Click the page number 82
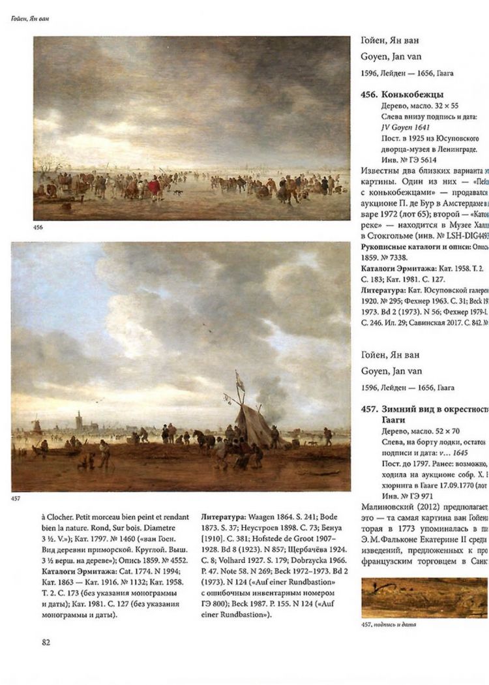[46, 642]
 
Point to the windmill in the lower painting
[37, 426]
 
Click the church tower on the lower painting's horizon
[79, 421]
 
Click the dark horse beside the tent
[207, 440]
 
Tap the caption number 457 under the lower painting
[18, 499]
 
